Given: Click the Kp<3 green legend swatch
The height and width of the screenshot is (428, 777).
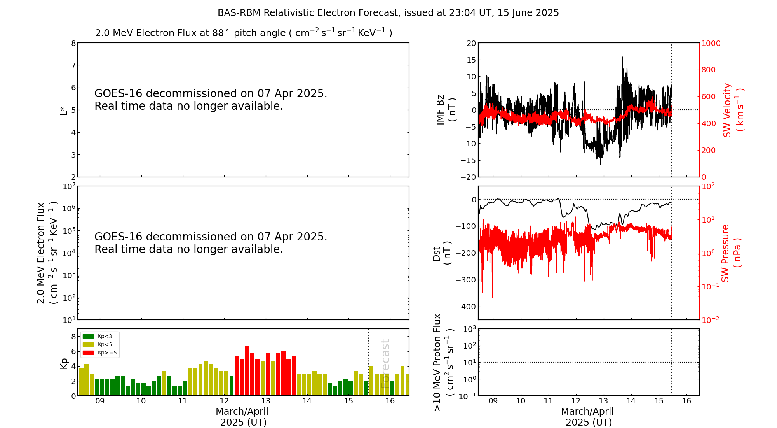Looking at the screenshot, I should pos(88,336).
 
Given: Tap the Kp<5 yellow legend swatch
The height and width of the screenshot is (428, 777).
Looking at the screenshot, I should pos(88,344).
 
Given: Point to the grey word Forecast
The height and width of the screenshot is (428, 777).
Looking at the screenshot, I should pos(385,363).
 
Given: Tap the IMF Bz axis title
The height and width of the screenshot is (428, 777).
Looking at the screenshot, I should pos(446,110).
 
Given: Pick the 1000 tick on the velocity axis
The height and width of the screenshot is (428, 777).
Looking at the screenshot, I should pos(711,43).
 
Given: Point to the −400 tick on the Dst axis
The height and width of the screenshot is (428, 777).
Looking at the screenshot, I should pos(466,307).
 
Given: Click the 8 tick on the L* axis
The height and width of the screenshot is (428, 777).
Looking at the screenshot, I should pos(73,43).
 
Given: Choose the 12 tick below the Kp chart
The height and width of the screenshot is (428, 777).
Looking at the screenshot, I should pos(224,401).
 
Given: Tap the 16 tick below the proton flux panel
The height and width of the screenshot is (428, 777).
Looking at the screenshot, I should pos(686,401).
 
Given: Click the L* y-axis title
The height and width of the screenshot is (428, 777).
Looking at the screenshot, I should pos(64,110).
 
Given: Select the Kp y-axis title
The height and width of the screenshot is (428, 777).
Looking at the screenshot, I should pos(64,363).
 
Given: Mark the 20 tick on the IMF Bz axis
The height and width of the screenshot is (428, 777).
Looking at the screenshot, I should pos(471,43).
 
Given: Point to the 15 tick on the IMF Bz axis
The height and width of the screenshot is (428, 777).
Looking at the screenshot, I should pos(471,60).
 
